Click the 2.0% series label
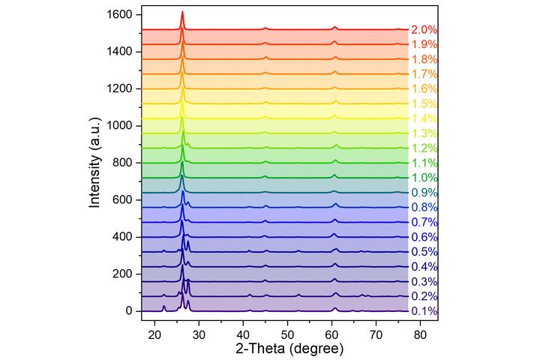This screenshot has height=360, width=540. coord(424,30)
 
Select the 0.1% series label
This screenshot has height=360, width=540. coord(424,311)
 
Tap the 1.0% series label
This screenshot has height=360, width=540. coord(424,178)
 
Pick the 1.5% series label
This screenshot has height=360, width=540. coord(424,103)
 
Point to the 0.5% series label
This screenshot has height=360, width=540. coord(424,252)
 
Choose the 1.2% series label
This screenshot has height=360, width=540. coord(424,148)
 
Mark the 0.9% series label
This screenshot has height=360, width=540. coord(424,193)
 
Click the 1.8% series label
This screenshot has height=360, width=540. coord(424,59)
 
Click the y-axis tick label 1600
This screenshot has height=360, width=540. coord(120,15)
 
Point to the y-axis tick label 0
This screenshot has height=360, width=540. coord(129,310)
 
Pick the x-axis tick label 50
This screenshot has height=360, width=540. coord(287,332)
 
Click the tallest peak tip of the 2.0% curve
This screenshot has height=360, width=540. coord(182,11)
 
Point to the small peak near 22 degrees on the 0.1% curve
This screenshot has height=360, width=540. coord(164,305)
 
